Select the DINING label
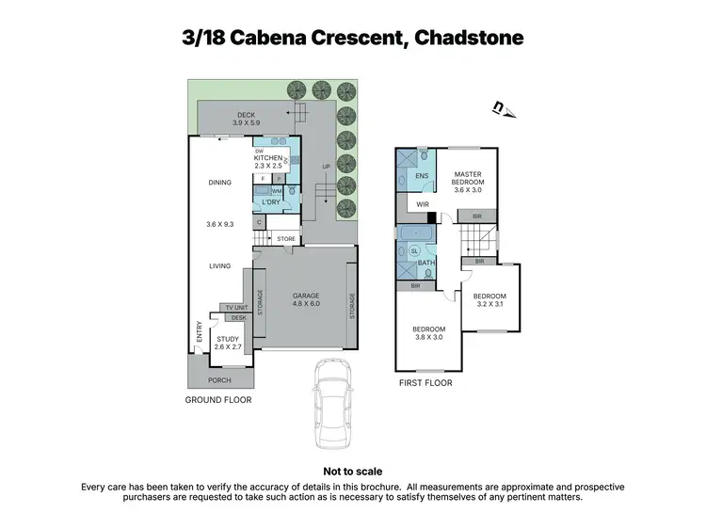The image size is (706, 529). pos(219,183)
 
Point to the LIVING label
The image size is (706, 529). pos(219,266)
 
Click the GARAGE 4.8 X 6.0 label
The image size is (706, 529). pos(306,299)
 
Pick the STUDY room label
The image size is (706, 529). pos(228,343)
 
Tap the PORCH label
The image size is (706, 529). pos(219,380)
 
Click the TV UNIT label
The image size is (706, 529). pos(235,308)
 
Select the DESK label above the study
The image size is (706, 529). pos(238,318)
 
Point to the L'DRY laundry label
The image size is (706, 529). pos(271,202)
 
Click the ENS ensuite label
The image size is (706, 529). pos(422,176)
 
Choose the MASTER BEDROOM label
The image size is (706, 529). pos(468,182)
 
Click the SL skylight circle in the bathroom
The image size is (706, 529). pos(415,251)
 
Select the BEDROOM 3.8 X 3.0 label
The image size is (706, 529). pos(427,332)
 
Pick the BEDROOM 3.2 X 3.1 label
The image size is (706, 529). pos(489,299)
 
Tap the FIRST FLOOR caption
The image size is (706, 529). pos(425,383)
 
